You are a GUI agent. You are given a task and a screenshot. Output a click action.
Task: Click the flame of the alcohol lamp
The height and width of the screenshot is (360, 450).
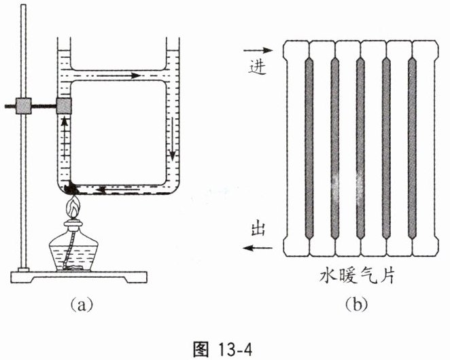pos(74,207)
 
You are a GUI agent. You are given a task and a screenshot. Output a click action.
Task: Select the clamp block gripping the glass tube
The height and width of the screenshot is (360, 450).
pos(64,106)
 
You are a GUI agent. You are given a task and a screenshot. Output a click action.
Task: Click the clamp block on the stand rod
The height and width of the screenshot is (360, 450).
pos(24,106)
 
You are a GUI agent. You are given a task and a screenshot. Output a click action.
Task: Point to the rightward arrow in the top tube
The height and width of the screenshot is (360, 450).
pos(118,75)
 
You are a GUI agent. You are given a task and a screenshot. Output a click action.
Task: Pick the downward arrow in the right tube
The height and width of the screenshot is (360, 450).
pos(172,139)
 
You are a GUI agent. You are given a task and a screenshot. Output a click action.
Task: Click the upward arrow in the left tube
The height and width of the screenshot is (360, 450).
pos(65,137)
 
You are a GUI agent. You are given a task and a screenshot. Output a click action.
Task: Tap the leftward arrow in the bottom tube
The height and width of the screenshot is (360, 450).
pos(118,190)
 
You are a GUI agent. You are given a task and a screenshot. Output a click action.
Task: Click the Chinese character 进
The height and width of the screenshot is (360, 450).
pos(258,68)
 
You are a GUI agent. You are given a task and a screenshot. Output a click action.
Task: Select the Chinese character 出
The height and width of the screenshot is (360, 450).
pos(258,229)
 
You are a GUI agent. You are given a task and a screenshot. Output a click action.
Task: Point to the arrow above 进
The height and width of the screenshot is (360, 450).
pos(258,50)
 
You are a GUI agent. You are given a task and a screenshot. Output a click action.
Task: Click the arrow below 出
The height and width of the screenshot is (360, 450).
pos(258,247)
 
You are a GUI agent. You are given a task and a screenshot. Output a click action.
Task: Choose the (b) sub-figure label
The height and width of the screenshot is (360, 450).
pos(356,304)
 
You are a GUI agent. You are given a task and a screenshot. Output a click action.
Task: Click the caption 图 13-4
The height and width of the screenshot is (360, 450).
pos(223,349)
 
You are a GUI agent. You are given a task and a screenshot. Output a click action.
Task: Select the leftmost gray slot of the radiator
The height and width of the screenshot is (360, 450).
pos(309,148)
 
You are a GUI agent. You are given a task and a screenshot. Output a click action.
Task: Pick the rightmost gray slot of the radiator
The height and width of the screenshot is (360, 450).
pos(412,148)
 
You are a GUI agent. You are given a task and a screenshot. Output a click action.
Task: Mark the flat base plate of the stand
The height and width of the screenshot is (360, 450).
pos(79,277)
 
